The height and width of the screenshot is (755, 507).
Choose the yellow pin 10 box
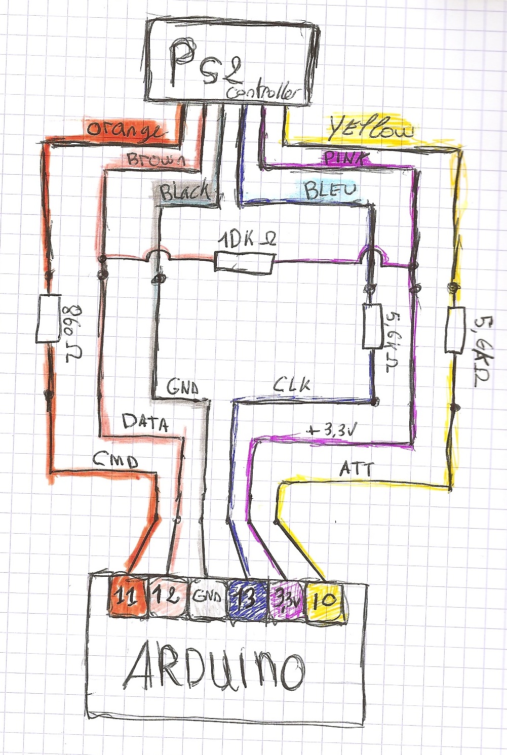pyautogui.click(x=324, y=601)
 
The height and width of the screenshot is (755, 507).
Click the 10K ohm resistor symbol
pyautogui.click(x=245, y=263)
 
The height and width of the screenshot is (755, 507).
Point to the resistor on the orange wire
pyautogui.click(x=49, y=319)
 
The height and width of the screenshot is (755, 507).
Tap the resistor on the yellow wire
pyautogui.click(x=454, y=329)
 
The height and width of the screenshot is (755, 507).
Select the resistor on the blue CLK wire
pyautogui.click(x=372, y=326)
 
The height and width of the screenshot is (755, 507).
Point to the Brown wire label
pyautogui.click(x=155, y=160)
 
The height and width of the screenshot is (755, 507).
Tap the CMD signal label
pyautogui.click(x=115, y=460)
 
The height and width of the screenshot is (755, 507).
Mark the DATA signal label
pyautogui.click(x=145, y=422)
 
